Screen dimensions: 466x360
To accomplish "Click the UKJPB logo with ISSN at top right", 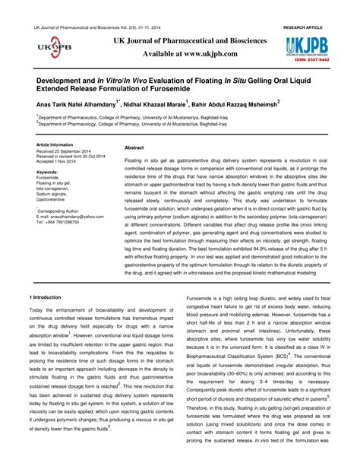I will pyautogui.click(x=304, y=47).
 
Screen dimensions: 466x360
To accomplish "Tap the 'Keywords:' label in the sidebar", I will pyautogui.click(x=47, y=172).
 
